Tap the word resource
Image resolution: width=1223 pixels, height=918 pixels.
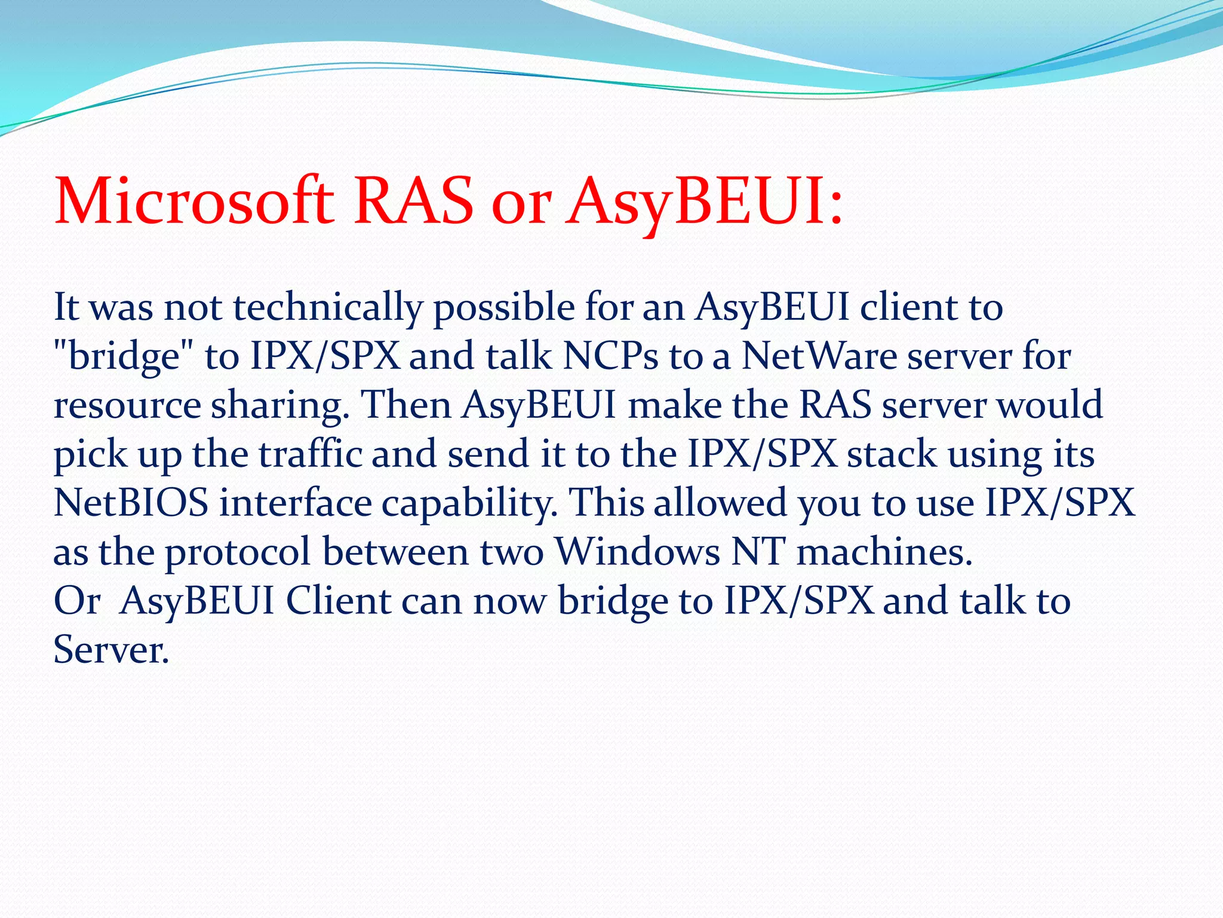(x=127, y=406)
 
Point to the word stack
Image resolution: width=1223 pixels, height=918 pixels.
(x=892, y=454)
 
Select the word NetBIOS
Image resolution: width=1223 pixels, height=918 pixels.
(x=131, y=503)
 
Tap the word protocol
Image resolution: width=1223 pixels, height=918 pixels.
(x=238, y=552)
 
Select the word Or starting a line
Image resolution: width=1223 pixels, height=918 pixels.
(x=76, y=601)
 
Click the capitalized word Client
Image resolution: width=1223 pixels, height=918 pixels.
(x=337, y=601)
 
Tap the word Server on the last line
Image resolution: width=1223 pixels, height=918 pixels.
(x=111, y=650)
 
